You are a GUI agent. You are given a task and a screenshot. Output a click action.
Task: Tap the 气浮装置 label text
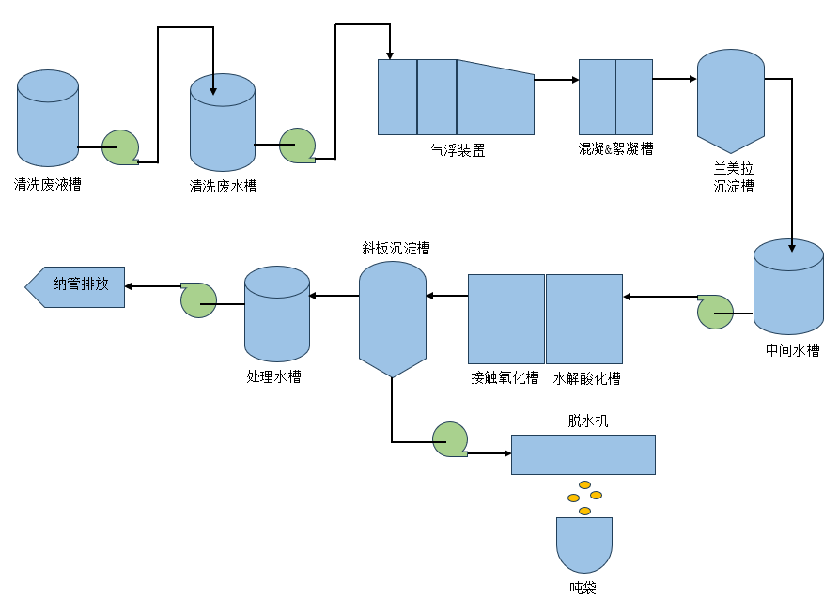(458, 149)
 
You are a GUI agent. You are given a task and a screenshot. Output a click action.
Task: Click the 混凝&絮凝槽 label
(615, 148)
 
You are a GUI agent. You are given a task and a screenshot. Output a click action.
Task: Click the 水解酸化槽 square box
(584, 318)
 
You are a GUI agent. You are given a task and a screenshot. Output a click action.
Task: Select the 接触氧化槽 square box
(506, 318)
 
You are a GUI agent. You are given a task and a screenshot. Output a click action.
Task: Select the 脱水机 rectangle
(583, 454)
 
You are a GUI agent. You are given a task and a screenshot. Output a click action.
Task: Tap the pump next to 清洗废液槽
(121, 147)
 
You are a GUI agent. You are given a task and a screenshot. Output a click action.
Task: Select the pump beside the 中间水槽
(716, 313)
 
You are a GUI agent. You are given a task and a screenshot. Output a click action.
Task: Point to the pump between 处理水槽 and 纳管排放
(199, 299)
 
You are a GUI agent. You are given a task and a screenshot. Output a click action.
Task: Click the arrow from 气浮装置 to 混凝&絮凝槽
(556, 80)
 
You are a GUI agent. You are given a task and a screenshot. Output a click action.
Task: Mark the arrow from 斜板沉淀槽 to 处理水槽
(334, 297)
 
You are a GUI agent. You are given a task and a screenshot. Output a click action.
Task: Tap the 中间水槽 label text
(792, 350)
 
